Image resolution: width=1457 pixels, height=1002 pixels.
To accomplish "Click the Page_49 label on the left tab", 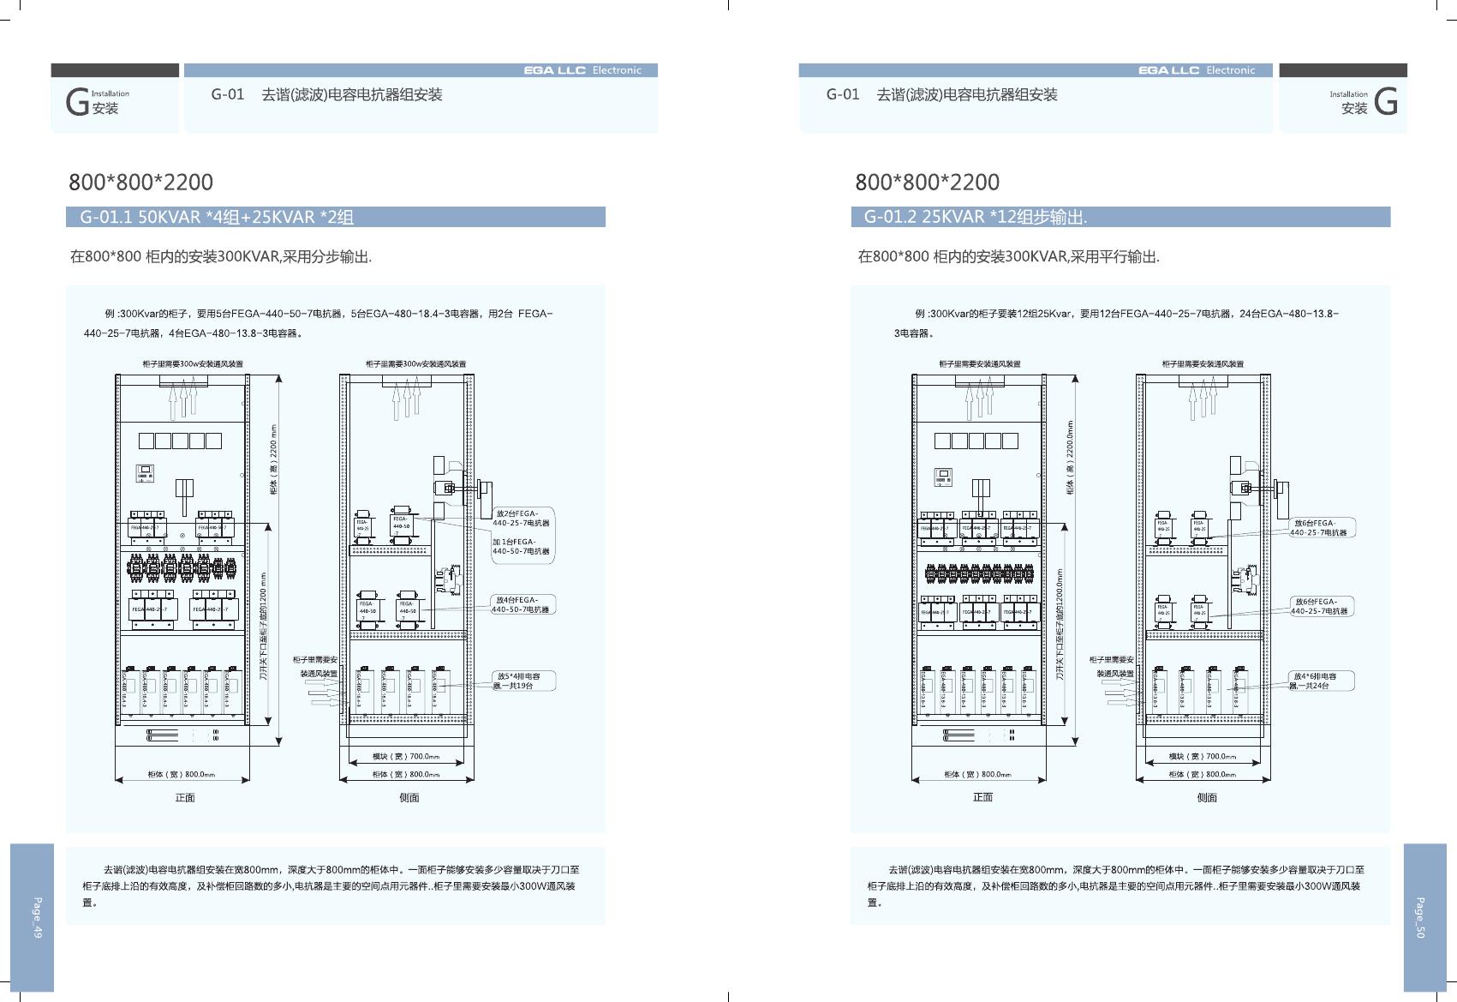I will [x=37, y=917].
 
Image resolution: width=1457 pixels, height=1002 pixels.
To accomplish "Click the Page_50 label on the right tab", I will [x=1419, y=917].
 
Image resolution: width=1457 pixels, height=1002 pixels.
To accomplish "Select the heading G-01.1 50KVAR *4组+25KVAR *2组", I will [x=217, y=217].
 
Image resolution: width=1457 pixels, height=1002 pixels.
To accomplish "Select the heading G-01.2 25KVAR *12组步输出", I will [x=975, y=217].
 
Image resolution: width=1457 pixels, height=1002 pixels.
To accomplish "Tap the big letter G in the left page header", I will [x=77, y=103].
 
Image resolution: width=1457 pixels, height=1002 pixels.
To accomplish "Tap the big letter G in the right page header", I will [x=1385, y=103].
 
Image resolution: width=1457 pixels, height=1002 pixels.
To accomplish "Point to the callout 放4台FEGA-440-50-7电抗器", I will [x=521, y=604].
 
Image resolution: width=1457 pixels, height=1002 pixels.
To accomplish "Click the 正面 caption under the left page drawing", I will [x=185, y=797].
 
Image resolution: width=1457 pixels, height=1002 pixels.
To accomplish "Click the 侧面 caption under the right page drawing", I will [x=1206, y=797].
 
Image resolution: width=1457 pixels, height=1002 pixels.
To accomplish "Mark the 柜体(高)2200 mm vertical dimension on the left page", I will [x=274, y=460].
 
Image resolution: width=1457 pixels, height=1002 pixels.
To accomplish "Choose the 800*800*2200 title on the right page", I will [x=927, y=182].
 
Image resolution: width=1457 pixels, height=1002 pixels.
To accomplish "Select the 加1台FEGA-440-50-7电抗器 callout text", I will [x=521, y=546].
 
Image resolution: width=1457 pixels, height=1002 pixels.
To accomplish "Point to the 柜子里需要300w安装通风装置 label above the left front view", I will [x=193, y=364].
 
